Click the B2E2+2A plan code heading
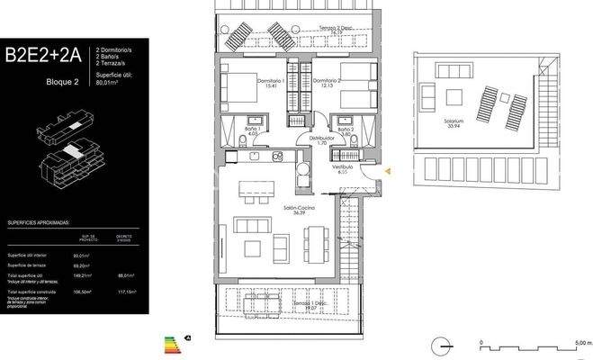(43, 56)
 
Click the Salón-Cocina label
(297, 209)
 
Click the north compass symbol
(439, 344)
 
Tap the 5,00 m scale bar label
(583, 343)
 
